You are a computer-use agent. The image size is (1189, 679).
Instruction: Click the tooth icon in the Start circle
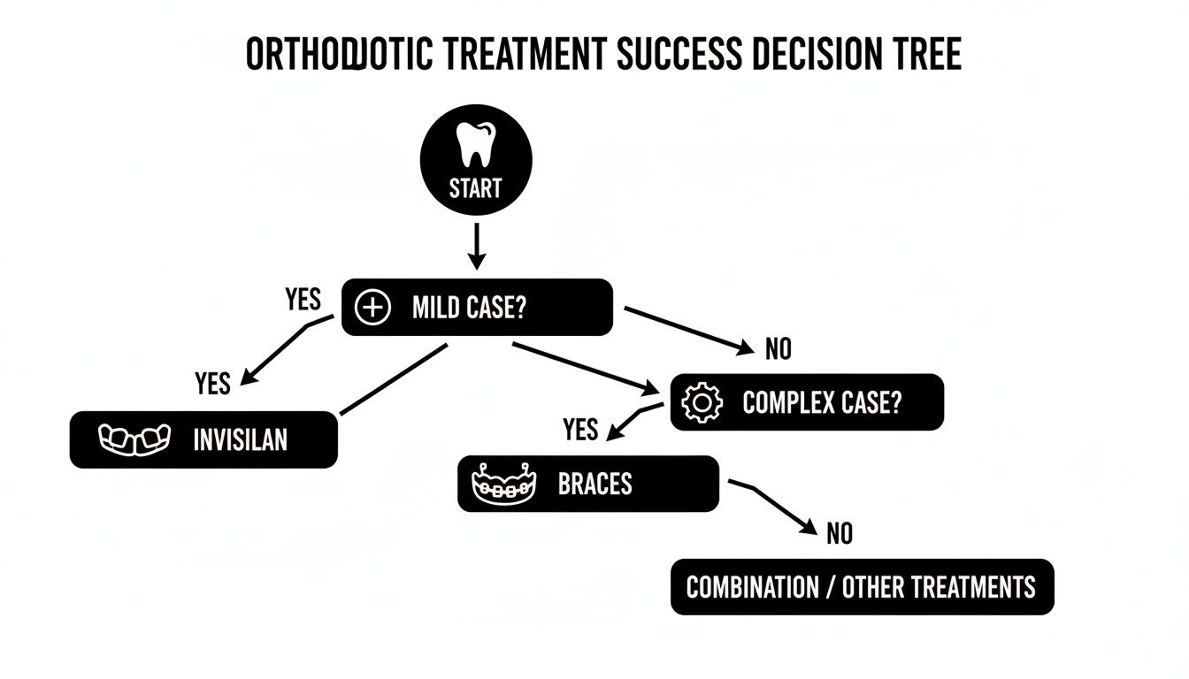pos(476,145)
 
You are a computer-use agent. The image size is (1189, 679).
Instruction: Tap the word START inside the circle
pos(475,187)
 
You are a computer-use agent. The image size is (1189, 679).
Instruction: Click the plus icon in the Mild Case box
pos(372,308)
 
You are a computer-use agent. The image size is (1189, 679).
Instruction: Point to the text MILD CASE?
pos(469,308)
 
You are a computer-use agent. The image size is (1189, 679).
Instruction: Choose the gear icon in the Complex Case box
pos(704,403)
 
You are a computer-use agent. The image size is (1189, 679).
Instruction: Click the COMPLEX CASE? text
pos(822,403)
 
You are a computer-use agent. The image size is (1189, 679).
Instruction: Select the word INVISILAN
pos(240,439)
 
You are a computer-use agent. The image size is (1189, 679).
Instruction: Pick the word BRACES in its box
pos(595,484)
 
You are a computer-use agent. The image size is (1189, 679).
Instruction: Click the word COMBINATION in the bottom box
pos(752,587)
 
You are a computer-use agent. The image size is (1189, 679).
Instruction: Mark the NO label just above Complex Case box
pos(778,350)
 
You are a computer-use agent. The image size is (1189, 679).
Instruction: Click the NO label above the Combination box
pos(839,534)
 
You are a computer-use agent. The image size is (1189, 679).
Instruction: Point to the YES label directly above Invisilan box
pos(212,384)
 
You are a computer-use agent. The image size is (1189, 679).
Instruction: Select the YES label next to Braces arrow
pos(580,431)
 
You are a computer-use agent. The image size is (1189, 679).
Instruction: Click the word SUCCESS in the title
pos(679,55)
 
